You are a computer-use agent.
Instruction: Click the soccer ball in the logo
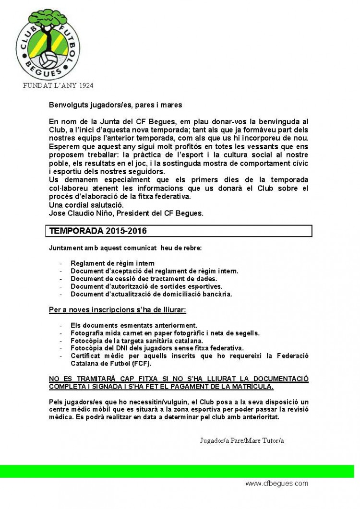coord(49,60)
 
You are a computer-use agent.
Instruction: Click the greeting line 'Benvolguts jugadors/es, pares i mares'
coord(115,105)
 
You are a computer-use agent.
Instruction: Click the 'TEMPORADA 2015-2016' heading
coord(98,231)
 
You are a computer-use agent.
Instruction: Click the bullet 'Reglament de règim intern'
coord(112,263)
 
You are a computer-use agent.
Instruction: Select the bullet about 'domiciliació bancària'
coord(151,294)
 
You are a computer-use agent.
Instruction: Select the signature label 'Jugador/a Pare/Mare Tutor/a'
coord(242,440)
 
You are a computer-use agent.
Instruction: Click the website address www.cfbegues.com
coord(276,484)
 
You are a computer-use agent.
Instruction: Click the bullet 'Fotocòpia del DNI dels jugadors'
coord(157,348)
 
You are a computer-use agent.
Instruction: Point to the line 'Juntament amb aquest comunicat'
coord(125,248)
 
